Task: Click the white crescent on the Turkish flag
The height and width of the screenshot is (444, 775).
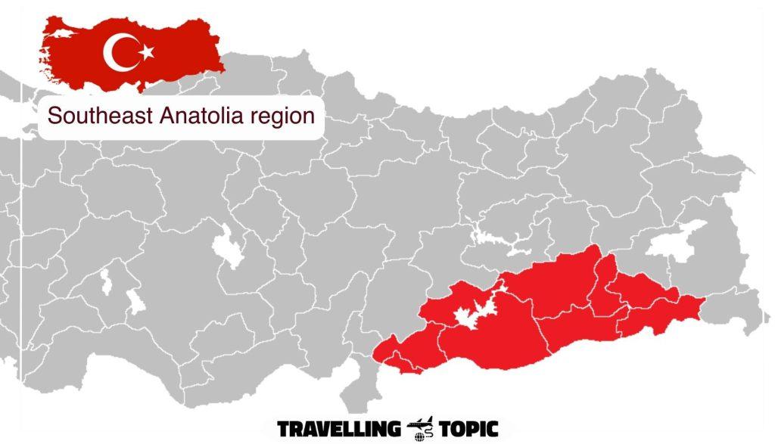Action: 116,52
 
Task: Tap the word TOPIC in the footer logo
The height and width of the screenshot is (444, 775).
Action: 462,430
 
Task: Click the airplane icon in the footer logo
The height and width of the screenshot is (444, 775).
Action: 418,425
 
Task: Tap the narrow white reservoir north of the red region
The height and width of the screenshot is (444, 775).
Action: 500,244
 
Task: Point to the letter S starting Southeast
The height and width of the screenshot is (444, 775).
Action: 53,116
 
